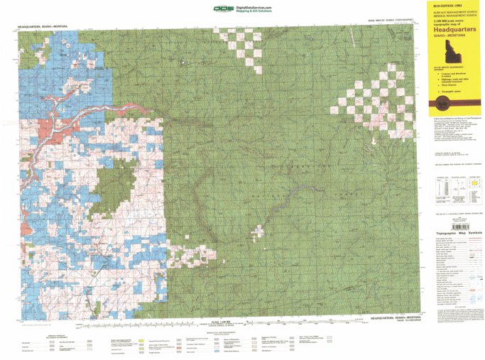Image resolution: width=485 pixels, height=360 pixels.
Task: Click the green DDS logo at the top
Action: point(222,9)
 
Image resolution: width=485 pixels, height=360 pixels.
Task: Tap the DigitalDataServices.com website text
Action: point(256,6)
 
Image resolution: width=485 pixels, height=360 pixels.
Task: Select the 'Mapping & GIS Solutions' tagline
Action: point(254,11)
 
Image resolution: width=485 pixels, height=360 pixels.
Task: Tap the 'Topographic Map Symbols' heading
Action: point(454,233)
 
